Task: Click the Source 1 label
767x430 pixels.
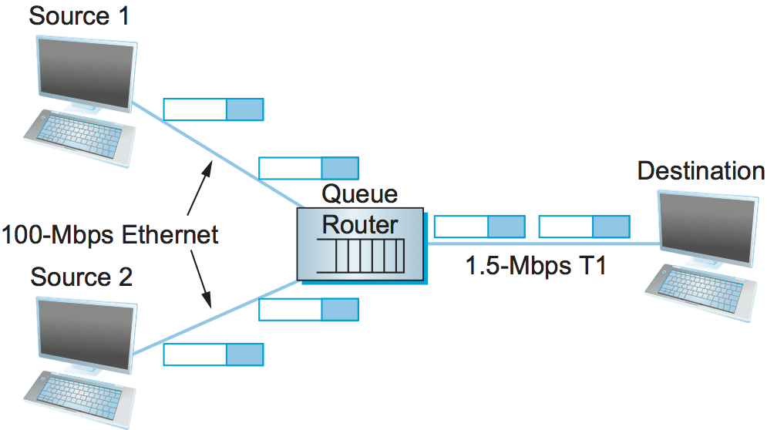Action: (79, 16)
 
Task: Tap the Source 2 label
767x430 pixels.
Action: (80, 277)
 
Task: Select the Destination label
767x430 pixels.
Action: (701, 171)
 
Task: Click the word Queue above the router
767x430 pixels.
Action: (360, 193)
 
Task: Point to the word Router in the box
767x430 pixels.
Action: (360, 225)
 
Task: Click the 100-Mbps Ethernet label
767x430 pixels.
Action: (110, 234)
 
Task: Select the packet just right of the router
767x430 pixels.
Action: (479, 227)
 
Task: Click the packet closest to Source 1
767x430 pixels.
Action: (214, 109)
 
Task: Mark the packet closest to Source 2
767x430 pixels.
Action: (214, 354)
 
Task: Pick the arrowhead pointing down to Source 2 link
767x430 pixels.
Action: (208, 305)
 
